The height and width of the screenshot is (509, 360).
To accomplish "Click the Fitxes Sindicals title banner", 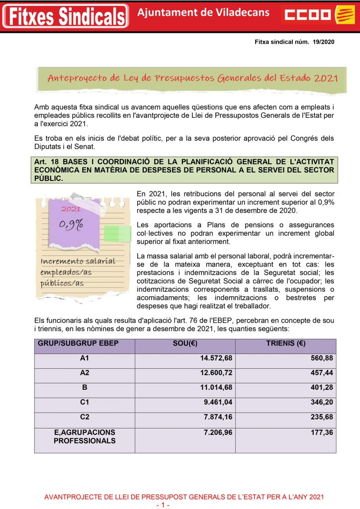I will pyautogui.click(x=65, y=16).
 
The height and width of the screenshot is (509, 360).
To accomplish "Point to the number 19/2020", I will pyautogui.click(x=324, y=42).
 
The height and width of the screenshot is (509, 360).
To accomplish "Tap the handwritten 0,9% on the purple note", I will pyautogui.click(x=72, y=224).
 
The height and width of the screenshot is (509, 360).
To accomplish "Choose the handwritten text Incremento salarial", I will pyautogui.click(x=78, y=261).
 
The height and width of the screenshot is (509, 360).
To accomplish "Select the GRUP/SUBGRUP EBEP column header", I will pyautogui.click(x=79, y=344).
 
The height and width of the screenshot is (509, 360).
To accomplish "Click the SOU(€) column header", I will pyautogui.click(x=184, y=344).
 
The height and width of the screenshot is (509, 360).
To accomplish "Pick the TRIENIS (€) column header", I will pyautogui.click(x=285, y=344).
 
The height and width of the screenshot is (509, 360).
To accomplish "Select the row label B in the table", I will pyautogui.click(x=84, y=388).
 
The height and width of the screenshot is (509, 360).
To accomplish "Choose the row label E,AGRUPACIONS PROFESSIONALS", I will pyautogui.click(x=85, y=436).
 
